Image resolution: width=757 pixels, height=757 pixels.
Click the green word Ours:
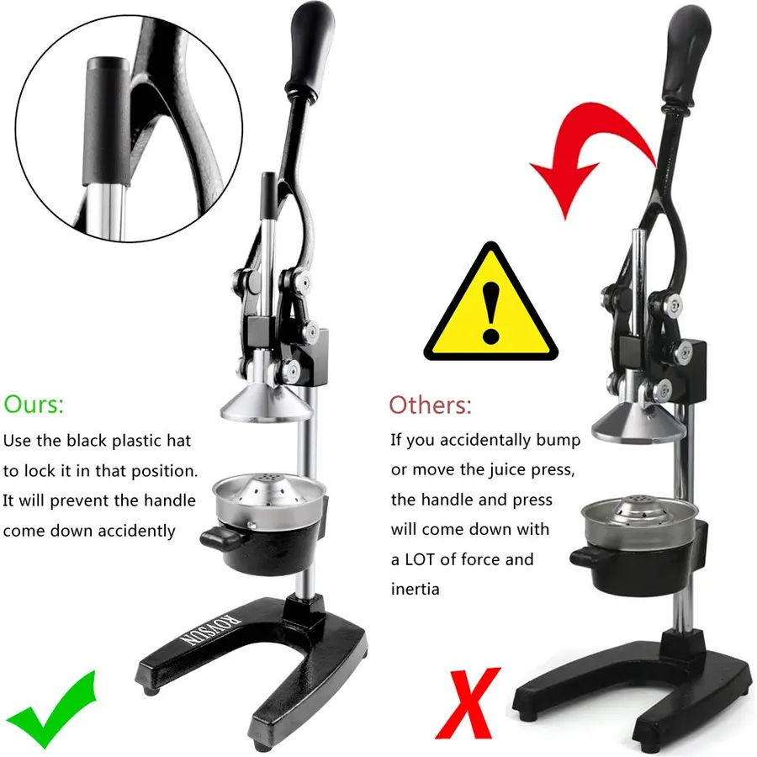tap(34, 404)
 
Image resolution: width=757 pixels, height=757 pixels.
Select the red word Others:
tap(430, 405)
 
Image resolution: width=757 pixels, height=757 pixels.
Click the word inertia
tap(416, 589)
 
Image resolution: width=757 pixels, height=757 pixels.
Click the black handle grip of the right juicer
tap(686, 58)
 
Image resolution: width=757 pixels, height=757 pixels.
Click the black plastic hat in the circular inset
tap(108, 120)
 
